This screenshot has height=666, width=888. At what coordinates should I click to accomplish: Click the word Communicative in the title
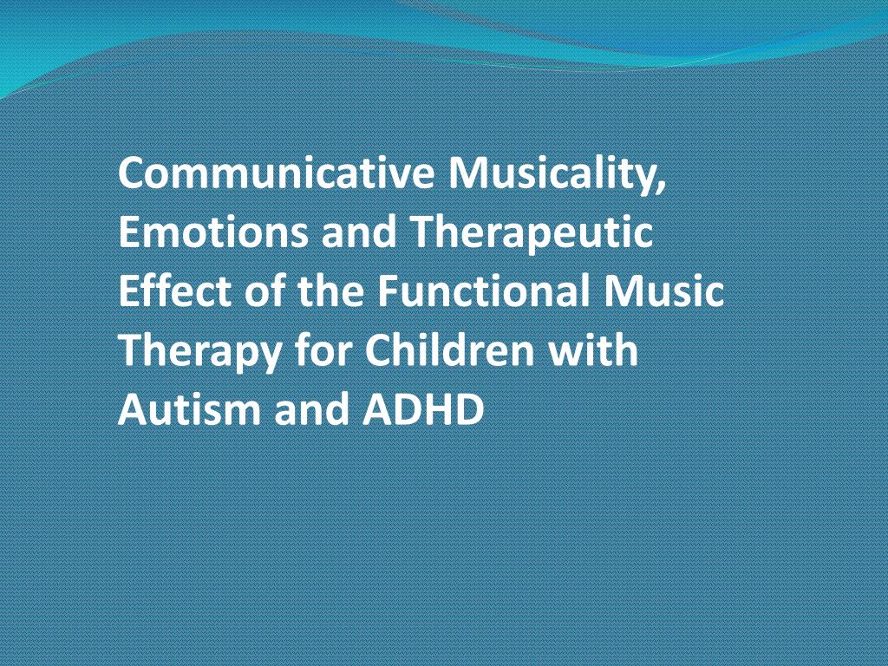[x=276, y=173]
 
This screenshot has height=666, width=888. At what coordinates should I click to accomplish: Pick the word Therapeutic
[x=531, y=233]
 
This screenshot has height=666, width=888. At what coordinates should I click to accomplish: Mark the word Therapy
[x=200, y=352]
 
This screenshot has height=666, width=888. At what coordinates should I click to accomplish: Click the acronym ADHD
[x=423, y=409]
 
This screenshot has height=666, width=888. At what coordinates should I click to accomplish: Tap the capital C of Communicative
[x=132, y=173]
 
